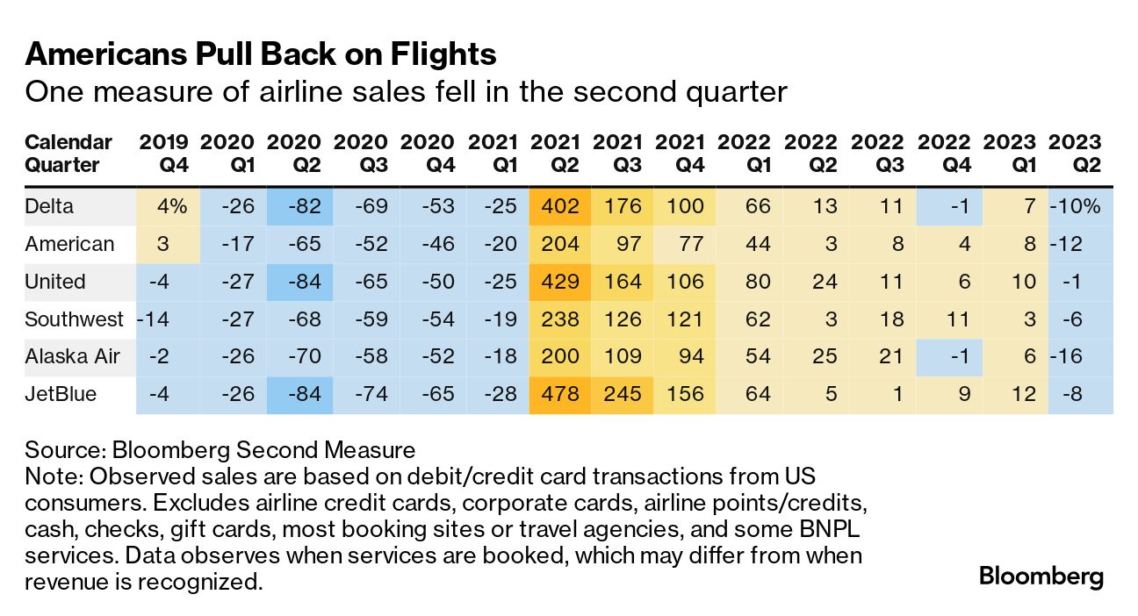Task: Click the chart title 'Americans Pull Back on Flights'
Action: (261, 54)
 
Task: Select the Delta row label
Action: (49, 206)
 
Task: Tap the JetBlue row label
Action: (61, 394)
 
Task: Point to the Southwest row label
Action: (75, 319)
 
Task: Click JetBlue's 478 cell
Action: (560, 394)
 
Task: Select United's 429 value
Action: (560, 282)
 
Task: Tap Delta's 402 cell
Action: (560, 206)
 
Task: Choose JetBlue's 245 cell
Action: (623, 394)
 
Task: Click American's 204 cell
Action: (560, 244)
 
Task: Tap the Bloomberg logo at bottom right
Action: (1041, 577)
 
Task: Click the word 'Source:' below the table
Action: (64, 451)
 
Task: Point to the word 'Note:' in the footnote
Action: (54, 477)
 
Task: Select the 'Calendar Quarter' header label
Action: (68, 154)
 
